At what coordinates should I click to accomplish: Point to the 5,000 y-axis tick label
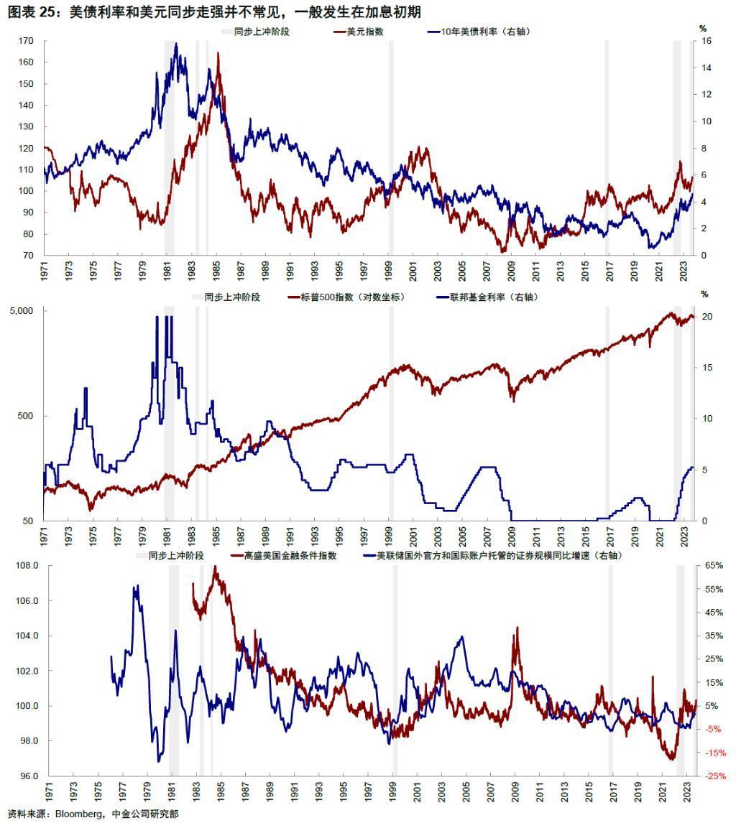click(x=22, y=311)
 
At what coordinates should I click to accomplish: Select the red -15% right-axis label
click(x=714, y=753)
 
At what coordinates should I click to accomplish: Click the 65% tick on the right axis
click(x=714, y=566)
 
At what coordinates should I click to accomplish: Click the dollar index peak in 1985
click(x=218, y=53)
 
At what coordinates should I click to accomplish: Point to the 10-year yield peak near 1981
click(x=176, y=44)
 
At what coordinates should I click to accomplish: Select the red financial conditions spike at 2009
click(x=516, y=628)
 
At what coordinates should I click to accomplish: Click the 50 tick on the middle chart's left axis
click(x=32, y=521)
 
